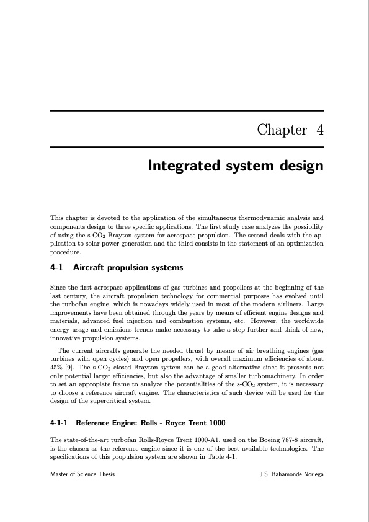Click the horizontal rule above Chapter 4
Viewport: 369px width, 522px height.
(187, 111)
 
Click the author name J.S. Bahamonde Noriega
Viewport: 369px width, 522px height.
(291, 475)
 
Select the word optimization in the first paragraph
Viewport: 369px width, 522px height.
(304, 244)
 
